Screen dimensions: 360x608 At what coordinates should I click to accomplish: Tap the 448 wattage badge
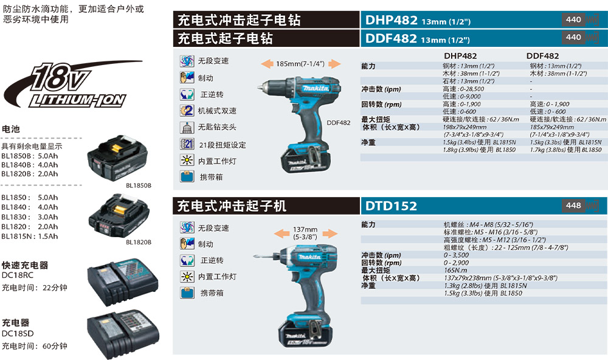pos(574,206)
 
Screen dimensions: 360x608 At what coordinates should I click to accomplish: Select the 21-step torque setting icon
pos(187,144)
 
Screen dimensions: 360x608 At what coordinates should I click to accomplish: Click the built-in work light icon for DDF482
pos(187,161)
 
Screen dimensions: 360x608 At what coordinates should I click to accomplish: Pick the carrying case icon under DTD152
pos(187,292)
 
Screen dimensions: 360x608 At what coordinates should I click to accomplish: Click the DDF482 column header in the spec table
pos(542,56)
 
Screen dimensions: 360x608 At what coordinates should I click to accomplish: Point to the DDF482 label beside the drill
pos(339,123)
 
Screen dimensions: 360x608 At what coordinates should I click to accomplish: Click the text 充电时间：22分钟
pos(34,288)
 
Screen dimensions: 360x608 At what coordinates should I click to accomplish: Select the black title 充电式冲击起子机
pos(231,206)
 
